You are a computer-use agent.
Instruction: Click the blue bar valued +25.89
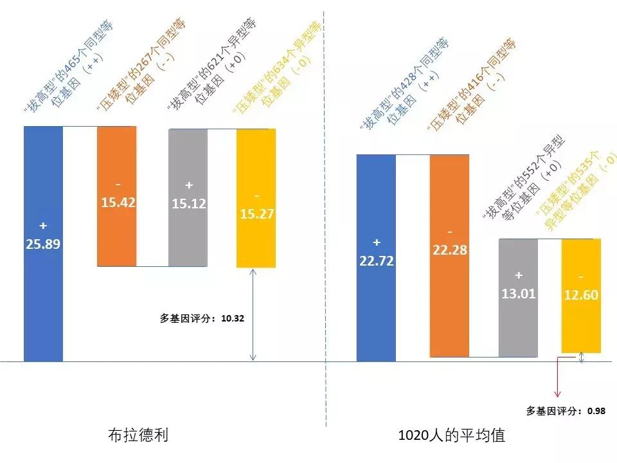click(x=43, y=244)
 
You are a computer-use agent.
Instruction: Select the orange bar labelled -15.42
click(x=116, y=196)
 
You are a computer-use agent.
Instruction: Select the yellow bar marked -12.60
click(x=581, y=296)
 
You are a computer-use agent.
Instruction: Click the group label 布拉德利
click(x=138, y=435)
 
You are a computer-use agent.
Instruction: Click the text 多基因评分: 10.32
click(x=202, y=318)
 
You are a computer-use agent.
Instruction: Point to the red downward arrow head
click(x=557, y=393)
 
